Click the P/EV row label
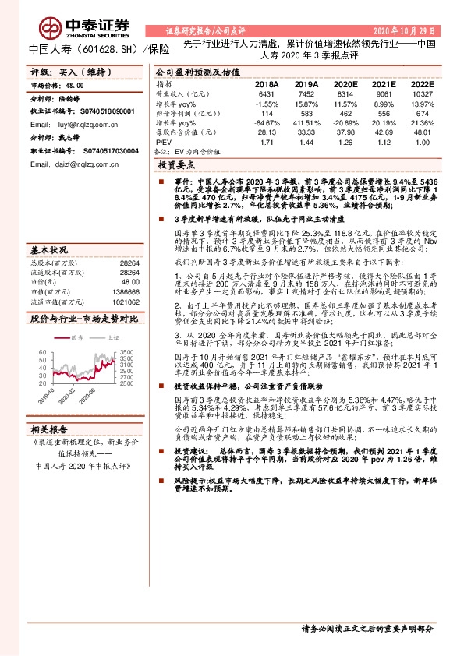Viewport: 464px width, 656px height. (162, 143)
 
